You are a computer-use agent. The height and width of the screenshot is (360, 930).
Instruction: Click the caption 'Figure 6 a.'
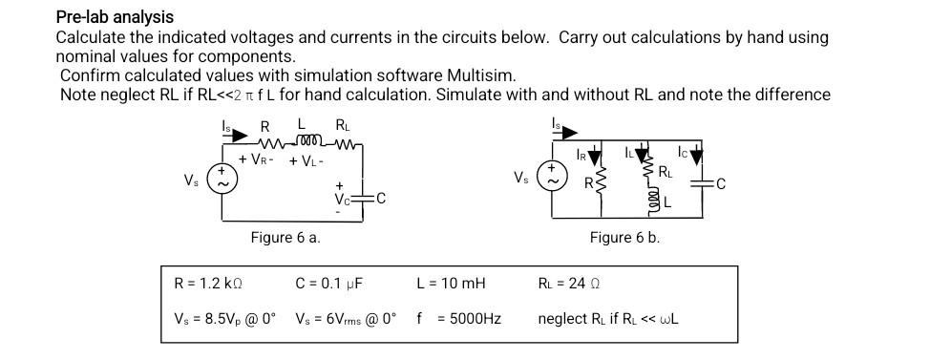pos(285,238)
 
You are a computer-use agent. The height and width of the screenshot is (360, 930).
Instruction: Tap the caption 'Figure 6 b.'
pos(624,238)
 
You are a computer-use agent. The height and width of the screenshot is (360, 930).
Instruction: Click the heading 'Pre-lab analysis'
pos(115,16)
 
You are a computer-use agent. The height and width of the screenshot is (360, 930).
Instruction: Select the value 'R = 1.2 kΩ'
pos(208,284)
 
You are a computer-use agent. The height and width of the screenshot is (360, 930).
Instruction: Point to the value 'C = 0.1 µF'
pos(329,284)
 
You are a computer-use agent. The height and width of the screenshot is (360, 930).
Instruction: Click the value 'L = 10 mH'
pos(451,284)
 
